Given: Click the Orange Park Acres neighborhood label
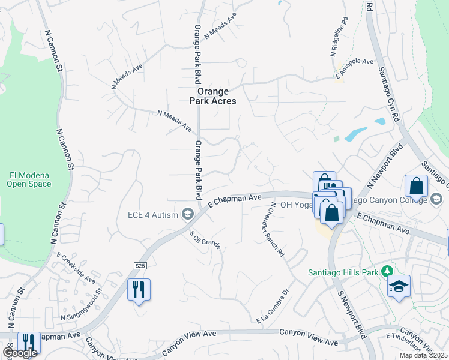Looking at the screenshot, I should pyautogui.click(x=210, y=96).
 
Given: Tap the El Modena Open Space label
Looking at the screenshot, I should pyautogui.click(x=29, y=180).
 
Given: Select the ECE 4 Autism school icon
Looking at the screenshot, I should pyautogui.click(x=188, y=215).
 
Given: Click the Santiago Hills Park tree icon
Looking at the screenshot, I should pyautogui.click(x=387, y=271).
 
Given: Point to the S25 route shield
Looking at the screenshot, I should pyautogui.click(x=140, y=265).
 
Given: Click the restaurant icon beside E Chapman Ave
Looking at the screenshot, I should pyautogui.click(x=139, y=290).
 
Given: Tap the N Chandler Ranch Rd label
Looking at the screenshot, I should pyautogui.click(x=277, y=230).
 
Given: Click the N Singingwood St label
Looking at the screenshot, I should pyautogui.click(x=81, y=306).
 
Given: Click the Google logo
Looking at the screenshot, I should pyautogui.click(x=19, y=353).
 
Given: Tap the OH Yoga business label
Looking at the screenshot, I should pyautogui.click(x=297, y=205).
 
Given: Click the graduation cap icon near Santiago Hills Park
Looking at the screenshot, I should pyautogui.click(x=397, y=286).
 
